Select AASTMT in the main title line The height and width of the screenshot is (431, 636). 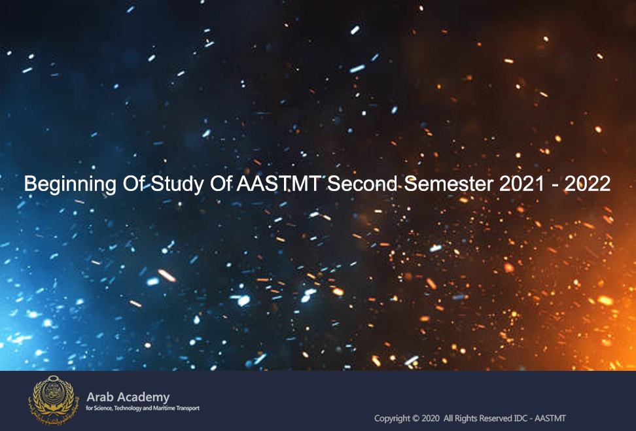click(279, 184)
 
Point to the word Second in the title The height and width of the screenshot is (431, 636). click(362, 184)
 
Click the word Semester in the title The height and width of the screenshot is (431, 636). click(449, 184)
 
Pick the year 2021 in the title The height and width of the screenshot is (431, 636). click(521, 184)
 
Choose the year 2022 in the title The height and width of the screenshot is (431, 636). click(588, 184)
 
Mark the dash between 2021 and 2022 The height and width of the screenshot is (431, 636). click(554, 186)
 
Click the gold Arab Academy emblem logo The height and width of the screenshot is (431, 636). click(53, 400)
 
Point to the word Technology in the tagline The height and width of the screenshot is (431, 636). click(128, 408)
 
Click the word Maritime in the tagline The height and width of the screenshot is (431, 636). click(164, 408)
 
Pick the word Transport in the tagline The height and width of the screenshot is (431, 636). click(188, 408)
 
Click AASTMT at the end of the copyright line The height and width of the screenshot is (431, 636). click(550, 418)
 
